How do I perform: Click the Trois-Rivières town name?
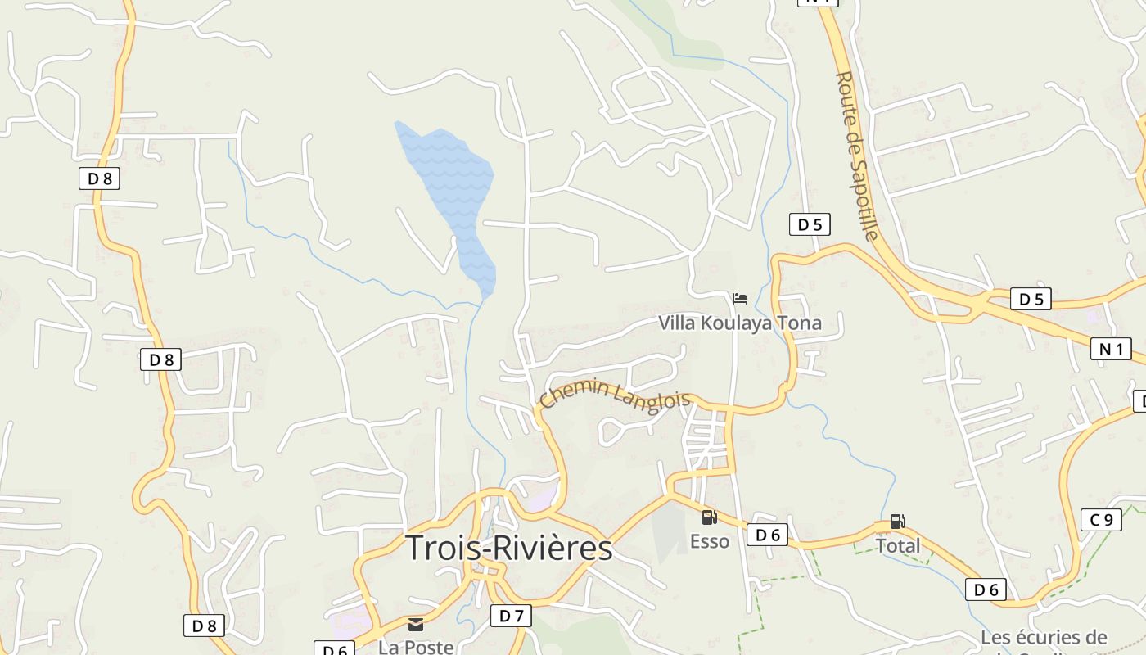pos(509,548)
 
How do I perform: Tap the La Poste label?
pos(416,647)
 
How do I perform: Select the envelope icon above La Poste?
pos(416,625)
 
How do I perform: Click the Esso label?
pos(709,541)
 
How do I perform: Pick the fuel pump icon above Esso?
pos(709,517)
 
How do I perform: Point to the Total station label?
pos(898,545)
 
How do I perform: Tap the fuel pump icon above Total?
pos(898,522)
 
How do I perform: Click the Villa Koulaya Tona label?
pos(740,323)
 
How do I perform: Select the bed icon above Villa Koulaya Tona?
pos(740,299)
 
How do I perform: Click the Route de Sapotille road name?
pos(857,156)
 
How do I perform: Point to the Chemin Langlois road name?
pos(615,395)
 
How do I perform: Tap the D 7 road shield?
pos(511,615)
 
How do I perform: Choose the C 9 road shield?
pos(1101,519)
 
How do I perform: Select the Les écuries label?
pos(1044,637)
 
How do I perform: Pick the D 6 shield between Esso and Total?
pos(767,535)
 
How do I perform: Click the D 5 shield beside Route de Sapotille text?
pos(810,224)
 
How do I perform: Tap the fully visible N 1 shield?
pos(1112,349)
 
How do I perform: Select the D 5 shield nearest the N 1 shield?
pos(1031,299)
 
